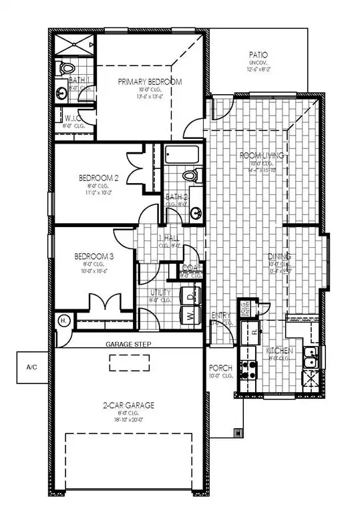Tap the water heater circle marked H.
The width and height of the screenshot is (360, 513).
click(64, 321)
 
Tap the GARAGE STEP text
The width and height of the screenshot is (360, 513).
click(129, 345)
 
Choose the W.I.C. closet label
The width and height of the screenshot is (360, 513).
click(71, 118)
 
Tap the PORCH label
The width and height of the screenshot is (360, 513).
click(220, 368)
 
